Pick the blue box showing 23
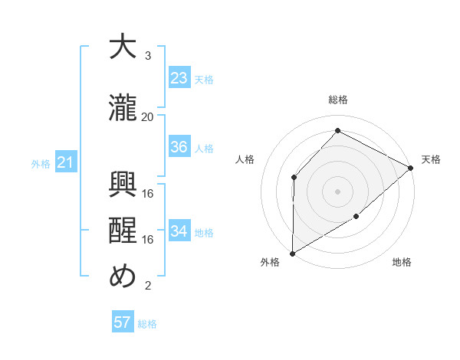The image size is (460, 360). (179, 78)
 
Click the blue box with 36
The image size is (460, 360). (179, 148)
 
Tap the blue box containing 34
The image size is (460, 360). (179, 231)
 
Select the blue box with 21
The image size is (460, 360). (65, 162)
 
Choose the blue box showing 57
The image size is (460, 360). (123, 322)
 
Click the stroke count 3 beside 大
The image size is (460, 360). (148, 56)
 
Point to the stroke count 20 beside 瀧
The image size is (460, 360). (148, 117)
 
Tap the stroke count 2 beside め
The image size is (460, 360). (148, 286)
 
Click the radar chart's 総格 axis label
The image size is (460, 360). (337, 100)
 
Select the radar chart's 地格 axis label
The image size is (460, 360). (402, 263)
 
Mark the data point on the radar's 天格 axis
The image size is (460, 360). (411, 168)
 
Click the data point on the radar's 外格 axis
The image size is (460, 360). (292, 254)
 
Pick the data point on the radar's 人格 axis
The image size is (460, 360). (294, 178)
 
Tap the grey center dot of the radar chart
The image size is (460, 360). (337, 191)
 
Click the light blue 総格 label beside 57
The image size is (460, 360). (147, 324)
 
